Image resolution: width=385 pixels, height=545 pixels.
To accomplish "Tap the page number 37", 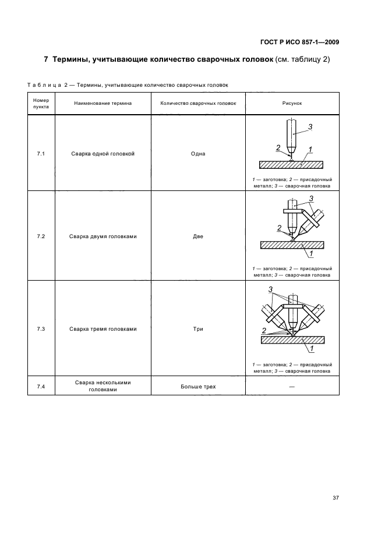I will [x=335, y=497].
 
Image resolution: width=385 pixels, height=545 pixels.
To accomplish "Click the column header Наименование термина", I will [x=103, y=103].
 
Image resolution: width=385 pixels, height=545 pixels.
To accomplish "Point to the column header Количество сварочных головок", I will [x=198, y=103].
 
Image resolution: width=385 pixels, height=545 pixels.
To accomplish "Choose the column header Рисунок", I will [x=291, y=103].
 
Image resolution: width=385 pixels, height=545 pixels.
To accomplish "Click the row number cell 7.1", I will [x=41, y=154].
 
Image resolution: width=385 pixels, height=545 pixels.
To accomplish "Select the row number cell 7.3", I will [x=41, y=329].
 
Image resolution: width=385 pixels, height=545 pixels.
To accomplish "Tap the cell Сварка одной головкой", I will [x=103, y=154].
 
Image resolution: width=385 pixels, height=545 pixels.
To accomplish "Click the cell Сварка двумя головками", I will [x=103, y=236].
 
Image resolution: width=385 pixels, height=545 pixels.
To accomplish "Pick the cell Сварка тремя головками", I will [x=103, y=329].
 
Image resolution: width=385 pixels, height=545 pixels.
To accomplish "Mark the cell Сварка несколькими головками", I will [x=103, y=387].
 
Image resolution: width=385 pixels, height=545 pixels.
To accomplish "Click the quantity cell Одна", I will [x=198, y=154].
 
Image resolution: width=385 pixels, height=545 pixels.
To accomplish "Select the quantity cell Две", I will [x=198, y=236].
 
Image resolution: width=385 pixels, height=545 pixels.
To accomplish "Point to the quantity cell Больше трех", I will [x=198, y=387].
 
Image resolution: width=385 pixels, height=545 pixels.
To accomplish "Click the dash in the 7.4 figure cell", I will [x=291, y=387].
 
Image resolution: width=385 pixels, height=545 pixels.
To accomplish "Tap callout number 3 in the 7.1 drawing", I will [x=310, y=127].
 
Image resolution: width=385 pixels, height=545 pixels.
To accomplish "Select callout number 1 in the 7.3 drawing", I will [x=312, y=349].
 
